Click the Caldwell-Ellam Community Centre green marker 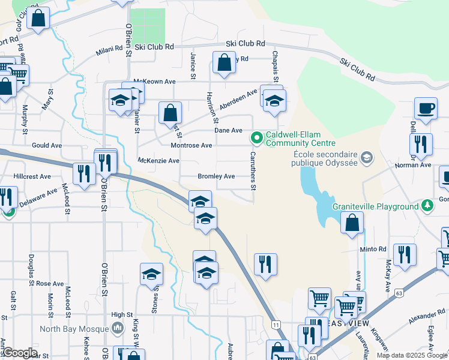click(258, 139)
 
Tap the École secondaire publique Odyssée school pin click(367, 158)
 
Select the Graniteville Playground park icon click(427, 206)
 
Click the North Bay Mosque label click(75, 328)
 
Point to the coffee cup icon click(426, 109)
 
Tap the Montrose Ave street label click(191, 145)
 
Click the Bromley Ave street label click(216, 176)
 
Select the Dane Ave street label click(229, 130)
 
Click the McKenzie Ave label click(158, 161)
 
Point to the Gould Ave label click(47, 145)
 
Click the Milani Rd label click(109, 53)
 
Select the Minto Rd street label click(373, 249)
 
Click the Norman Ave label click(417, 164)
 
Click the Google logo click(20, 353)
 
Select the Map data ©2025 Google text click(411, 355)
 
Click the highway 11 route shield click(276, 324)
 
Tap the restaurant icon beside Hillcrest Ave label click(82, 174)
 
